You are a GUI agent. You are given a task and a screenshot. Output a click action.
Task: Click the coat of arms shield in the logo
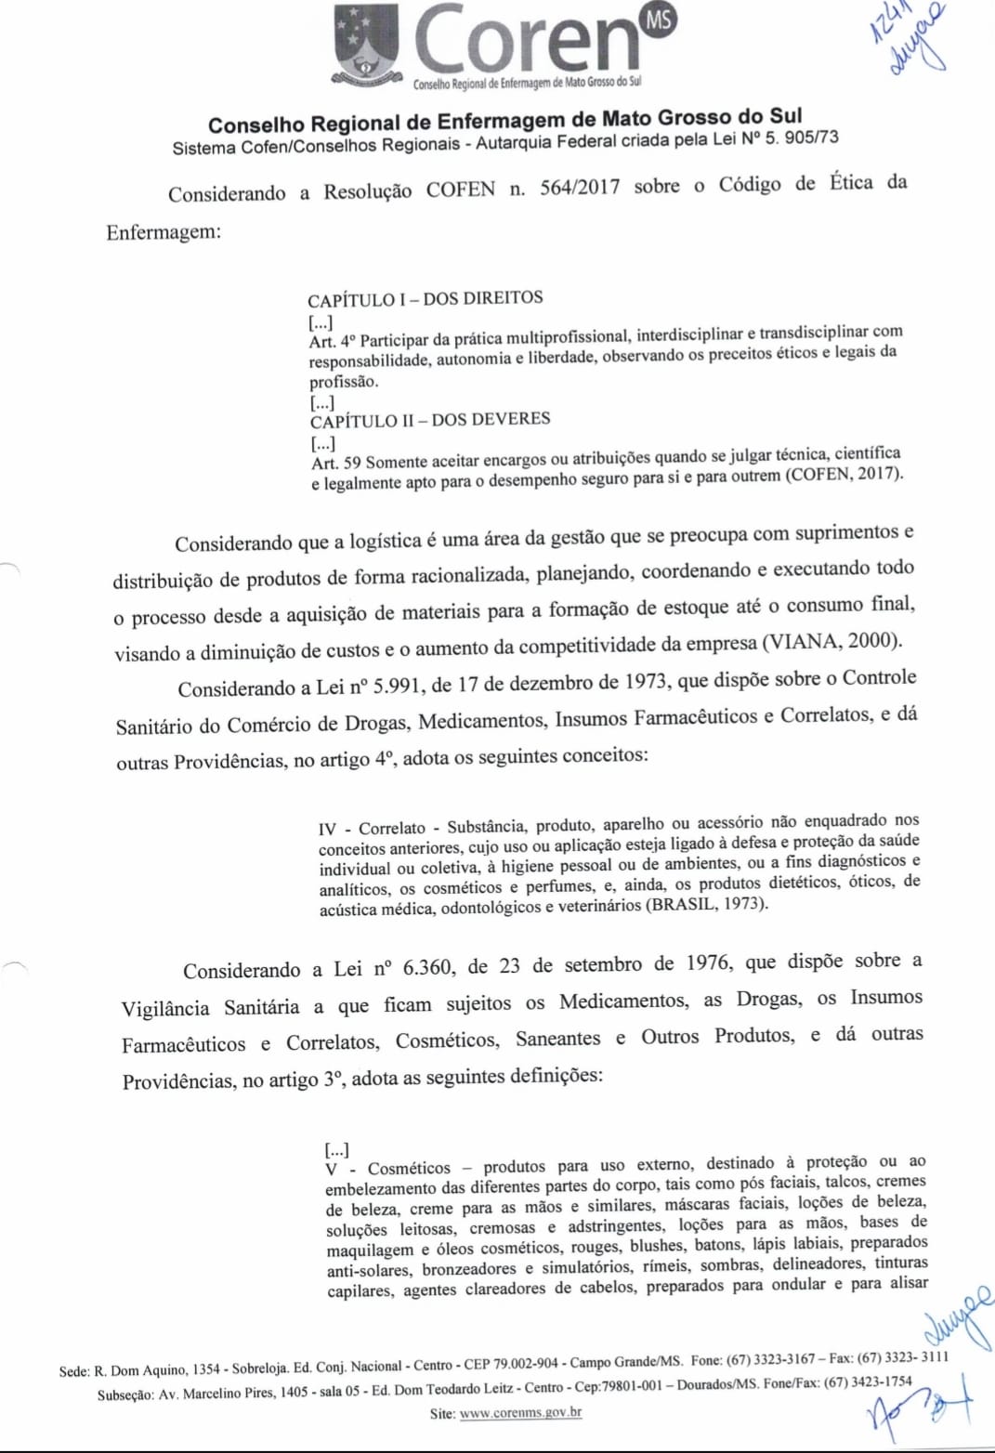coord(367,43)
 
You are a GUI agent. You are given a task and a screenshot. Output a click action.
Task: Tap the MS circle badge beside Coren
coord(659,20)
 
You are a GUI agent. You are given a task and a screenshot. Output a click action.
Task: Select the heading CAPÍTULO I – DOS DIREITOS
coord(425,298)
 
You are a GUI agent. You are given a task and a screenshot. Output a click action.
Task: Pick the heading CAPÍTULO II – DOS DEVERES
coord(430,420)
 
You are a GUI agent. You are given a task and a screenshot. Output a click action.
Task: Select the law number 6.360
coord(427,967)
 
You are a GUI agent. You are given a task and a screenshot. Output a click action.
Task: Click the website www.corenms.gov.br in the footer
coord(520,1413)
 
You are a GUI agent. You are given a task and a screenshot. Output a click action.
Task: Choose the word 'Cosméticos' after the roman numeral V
coord(409,1168)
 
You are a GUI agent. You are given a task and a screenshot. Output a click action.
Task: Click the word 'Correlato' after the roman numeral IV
coord(392,828)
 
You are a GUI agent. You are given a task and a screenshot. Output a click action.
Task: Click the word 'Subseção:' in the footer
coord(125,1394)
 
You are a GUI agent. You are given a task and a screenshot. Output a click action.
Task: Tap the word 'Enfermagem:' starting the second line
coord(164,232)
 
